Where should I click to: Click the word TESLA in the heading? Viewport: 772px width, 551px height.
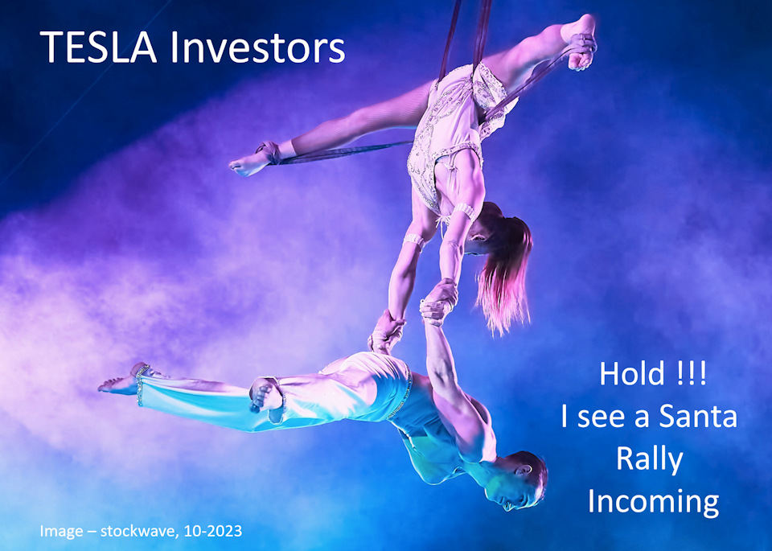point(98,47)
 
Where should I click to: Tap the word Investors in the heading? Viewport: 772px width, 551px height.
point(257,47)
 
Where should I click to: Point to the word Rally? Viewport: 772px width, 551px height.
point(650,460)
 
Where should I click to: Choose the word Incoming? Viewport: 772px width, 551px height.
point(653,502)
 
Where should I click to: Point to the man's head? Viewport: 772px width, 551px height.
point(522,480)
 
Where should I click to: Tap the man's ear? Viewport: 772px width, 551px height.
point(520,471)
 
